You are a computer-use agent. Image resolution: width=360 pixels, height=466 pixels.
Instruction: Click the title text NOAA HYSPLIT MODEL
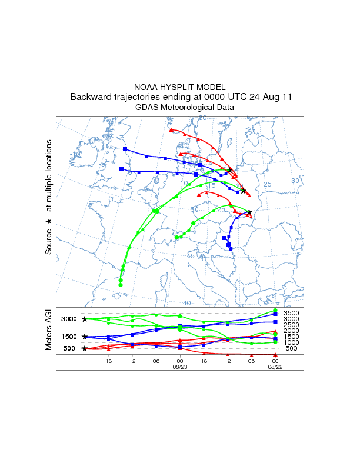180,86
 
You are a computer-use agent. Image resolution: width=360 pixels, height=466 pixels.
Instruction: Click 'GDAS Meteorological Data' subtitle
180,108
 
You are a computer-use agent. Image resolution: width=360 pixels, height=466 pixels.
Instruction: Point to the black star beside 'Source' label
49,221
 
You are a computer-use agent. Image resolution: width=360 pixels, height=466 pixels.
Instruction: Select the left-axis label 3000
69,319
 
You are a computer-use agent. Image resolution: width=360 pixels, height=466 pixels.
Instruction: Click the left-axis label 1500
69,337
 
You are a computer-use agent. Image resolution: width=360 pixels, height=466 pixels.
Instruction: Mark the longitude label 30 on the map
295,181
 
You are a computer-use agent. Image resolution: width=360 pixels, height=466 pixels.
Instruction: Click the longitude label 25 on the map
268,185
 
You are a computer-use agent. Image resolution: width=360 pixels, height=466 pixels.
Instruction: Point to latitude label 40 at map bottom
186,303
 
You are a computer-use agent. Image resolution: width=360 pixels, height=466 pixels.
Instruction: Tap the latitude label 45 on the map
191,256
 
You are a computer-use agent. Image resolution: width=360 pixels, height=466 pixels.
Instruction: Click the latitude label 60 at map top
202,118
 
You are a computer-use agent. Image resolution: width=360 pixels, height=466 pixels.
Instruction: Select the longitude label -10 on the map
75,155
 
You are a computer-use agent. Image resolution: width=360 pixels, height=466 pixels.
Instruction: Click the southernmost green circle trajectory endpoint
120,285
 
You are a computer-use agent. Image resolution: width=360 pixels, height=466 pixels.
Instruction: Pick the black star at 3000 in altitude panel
85,319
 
